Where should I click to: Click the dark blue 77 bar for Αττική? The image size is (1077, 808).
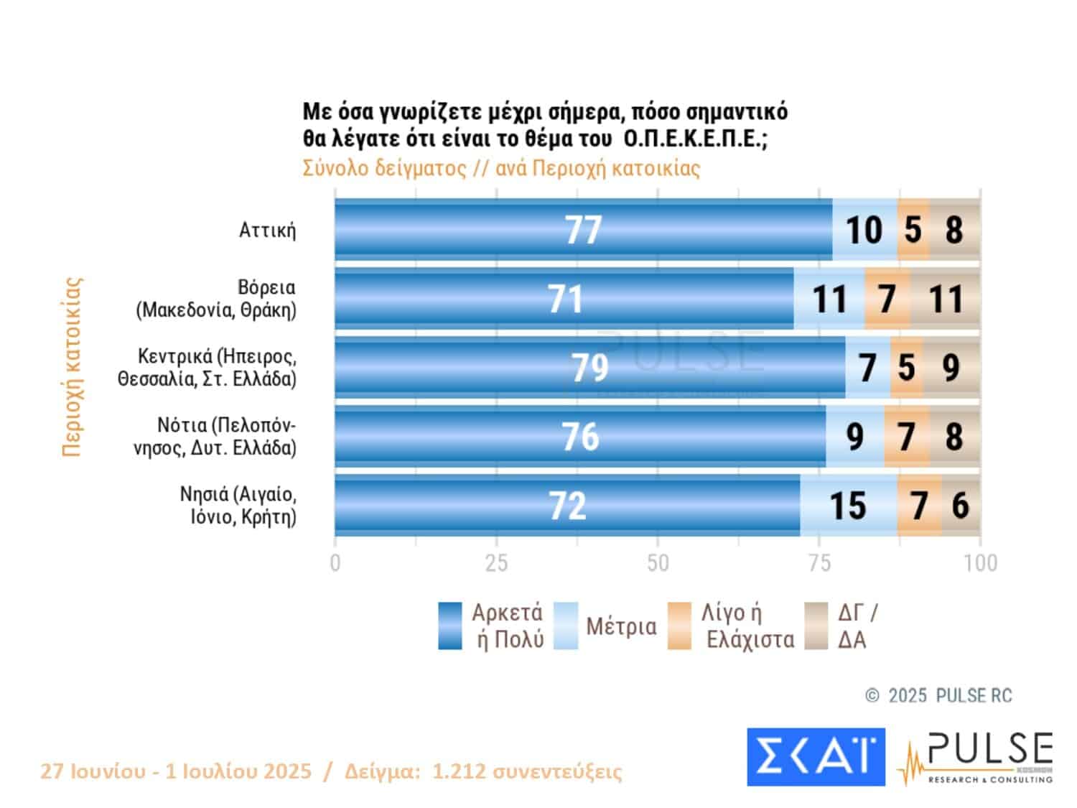click(583, 230)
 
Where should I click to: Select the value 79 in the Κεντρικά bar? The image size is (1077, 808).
click(590, 367)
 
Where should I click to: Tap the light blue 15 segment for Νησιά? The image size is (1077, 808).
click(848, 505)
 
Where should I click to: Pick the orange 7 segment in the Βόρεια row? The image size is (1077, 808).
click(887, 299)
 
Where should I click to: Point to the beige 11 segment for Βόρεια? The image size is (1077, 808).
click(945, 299)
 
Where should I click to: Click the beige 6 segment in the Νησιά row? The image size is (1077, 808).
click(961, 505)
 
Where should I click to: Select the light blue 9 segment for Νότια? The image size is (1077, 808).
click(854, 436)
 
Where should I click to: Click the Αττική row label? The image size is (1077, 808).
click(267, 231)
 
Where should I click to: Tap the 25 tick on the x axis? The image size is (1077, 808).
click(496, 563)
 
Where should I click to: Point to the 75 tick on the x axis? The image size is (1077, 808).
click(819, 563)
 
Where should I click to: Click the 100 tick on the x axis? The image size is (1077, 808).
click(980, 563)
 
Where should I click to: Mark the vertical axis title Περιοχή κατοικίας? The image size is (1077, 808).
click(73, 367)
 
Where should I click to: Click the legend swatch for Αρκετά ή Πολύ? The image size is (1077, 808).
click(450, 626)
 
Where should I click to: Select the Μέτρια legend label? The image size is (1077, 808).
click(621, 626)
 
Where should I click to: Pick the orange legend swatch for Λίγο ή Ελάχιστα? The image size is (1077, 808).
click(679, 626)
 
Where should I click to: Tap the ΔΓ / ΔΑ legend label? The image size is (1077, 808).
click(857, 626)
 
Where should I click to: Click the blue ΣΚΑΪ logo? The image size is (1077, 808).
click(816, 757)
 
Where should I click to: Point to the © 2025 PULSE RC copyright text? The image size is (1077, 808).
click(938, 695)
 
